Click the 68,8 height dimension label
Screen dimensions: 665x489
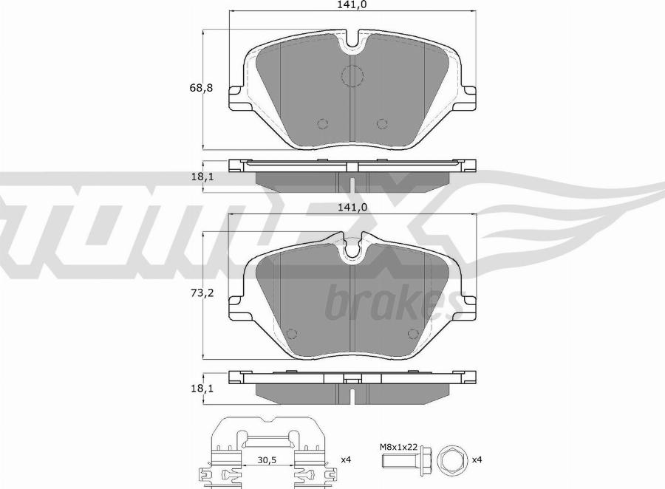(x=201, y=88)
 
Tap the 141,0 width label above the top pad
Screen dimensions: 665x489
(x=352, y=4)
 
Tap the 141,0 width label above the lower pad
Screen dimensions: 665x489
(x=352, y=208)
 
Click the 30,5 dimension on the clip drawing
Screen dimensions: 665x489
(x=267, y=459)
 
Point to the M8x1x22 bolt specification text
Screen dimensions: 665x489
(x=399, y=447)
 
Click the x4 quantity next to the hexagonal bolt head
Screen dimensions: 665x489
(x=477, y=459)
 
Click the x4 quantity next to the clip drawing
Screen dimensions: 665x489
(x=346, y=459)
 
